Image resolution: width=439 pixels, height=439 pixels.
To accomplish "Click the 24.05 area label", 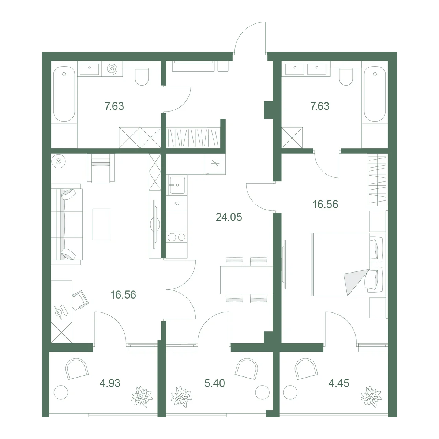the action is pos(229,217).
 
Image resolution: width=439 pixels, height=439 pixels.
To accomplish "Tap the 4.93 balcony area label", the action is pos(110,383).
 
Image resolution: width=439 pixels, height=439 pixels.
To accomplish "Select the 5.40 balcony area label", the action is pos(214,383).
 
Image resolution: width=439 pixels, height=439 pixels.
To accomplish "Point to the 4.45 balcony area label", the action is pos(338,383).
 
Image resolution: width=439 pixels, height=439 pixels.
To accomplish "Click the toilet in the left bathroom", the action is pos(142,76).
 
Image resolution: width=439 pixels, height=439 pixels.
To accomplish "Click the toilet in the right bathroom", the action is pos(346,76).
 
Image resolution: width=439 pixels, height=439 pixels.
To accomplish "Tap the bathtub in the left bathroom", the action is pos(64,94).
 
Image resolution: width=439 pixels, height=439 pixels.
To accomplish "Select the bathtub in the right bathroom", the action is pos(375,94).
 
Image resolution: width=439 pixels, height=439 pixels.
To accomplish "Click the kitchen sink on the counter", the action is pos(177,185).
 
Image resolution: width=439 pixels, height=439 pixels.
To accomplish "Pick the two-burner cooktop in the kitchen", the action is pos(177,237).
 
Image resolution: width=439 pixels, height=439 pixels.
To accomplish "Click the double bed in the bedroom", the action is pos(348,264).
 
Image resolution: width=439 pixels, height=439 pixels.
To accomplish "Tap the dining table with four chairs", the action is pos(246,280).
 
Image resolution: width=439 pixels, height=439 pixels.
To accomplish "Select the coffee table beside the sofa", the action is pos(101,224).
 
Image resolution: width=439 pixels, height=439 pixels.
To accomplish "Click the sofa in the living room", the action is pos(67,224).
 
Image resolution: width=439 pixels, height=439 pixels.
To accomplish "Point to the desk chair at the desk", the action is pos(80,300).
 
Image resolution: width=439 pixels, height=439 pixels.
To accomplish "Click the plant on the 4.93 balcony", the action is pos(142,397).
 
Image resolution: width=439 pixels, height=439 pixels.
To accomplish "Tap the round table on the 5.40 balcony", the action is pos(262,392).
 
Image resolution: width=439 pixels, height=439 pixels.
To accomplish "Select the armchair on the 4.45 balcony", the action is pos(306,369).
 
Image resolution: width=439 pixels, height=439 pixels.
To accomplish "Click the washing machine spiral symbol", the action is pos(112,69).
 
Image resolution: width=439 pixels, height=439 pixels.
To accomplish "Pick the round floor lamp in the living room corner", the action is pos(59,161).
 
